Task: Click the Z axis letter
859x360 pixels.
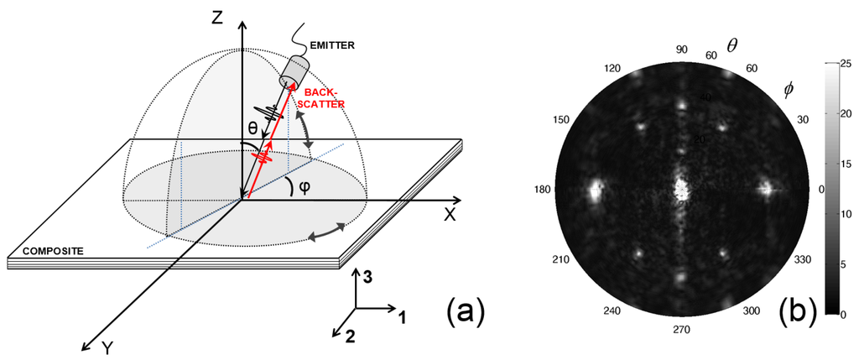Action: (x=218, y=16)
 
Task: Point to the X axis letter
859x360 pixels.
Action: (x=450, y=215)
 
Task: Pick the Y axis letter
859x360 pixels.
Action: (x=107, y=347)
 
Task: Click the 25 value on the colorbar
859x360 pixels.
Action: (x=845, y=63)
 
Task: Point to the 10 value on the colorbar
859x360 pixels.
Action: (x=845, y=213)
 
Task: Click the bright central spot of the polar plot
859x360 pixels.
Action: (x=681, y=187)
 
